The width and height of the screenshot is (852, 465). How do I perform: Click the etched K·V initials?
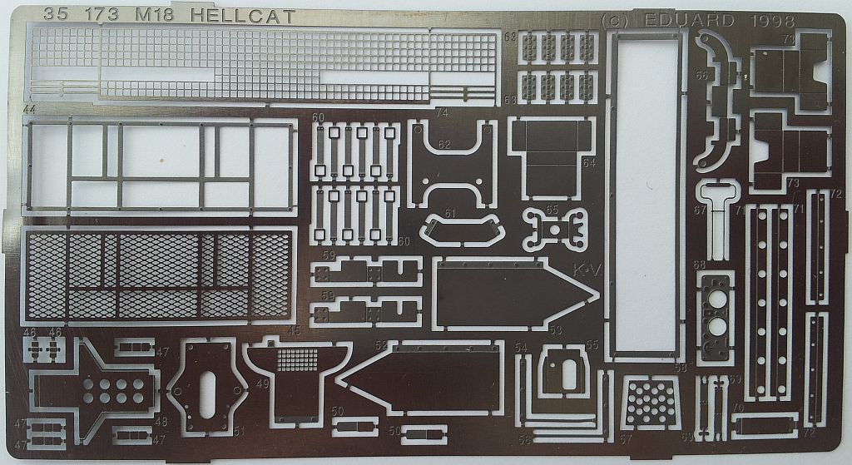coord(585,271)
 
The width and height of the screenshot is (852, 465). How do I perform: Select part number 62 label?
coord(467,145)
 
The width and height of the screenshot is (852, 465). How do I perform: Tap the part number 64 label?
coord(589,163)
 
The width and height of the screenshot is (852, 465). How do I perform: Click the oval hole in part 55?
coord(568,373)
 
